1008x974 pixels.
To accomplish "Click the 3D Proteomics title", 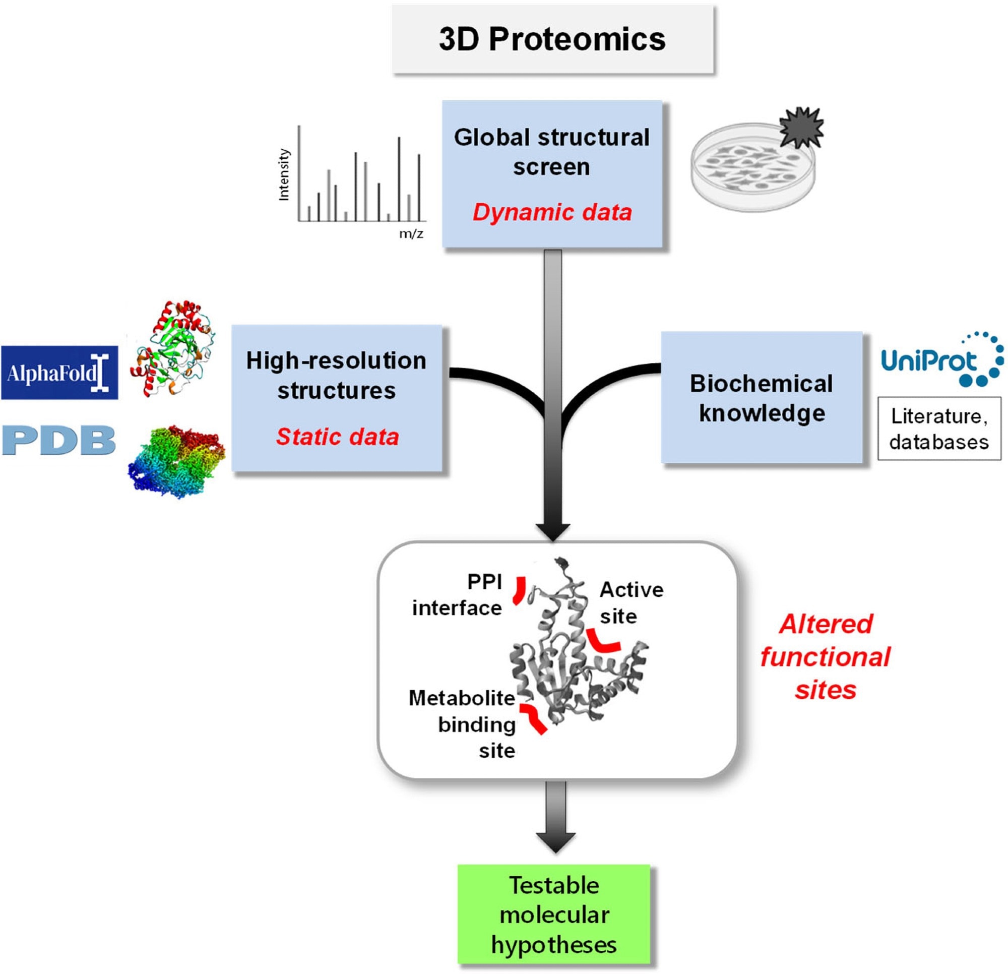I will tap(552, 39).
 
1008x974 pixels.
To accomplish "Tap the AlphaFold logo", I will tap(59, 373).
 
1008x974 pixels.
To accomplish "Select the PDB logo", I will tap(58, 441).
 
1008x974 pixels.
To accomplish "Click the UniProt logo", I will tap(941, 360).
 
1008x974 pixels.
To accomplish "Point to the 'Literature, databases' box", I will tap(939, 429).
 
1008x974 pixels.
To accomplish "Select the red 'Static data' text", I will tap(337, 437).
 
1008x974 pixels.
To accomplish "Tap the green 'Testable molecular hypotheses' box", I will tap(554, 915).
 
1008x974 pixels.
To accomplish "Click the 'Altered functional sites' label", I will tap(826, 657).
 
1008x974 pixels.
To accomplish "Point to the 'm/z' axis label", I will tap(411, 234).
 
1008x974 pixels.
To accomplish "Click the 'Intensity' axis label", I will tap(284, 175).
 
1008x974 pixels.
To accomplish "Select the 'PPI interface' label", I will tap(457, 595).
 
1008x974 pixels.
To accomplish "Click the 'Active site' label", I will tap(631, 602).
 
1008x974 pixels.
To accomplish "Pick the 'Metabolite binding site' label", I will tap(462, 724).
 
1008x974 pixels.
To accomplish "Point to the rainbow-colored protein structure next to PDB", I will tap(176, 460).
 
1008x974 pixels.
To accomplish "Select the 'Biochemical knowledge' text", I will tap(762, 398).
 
